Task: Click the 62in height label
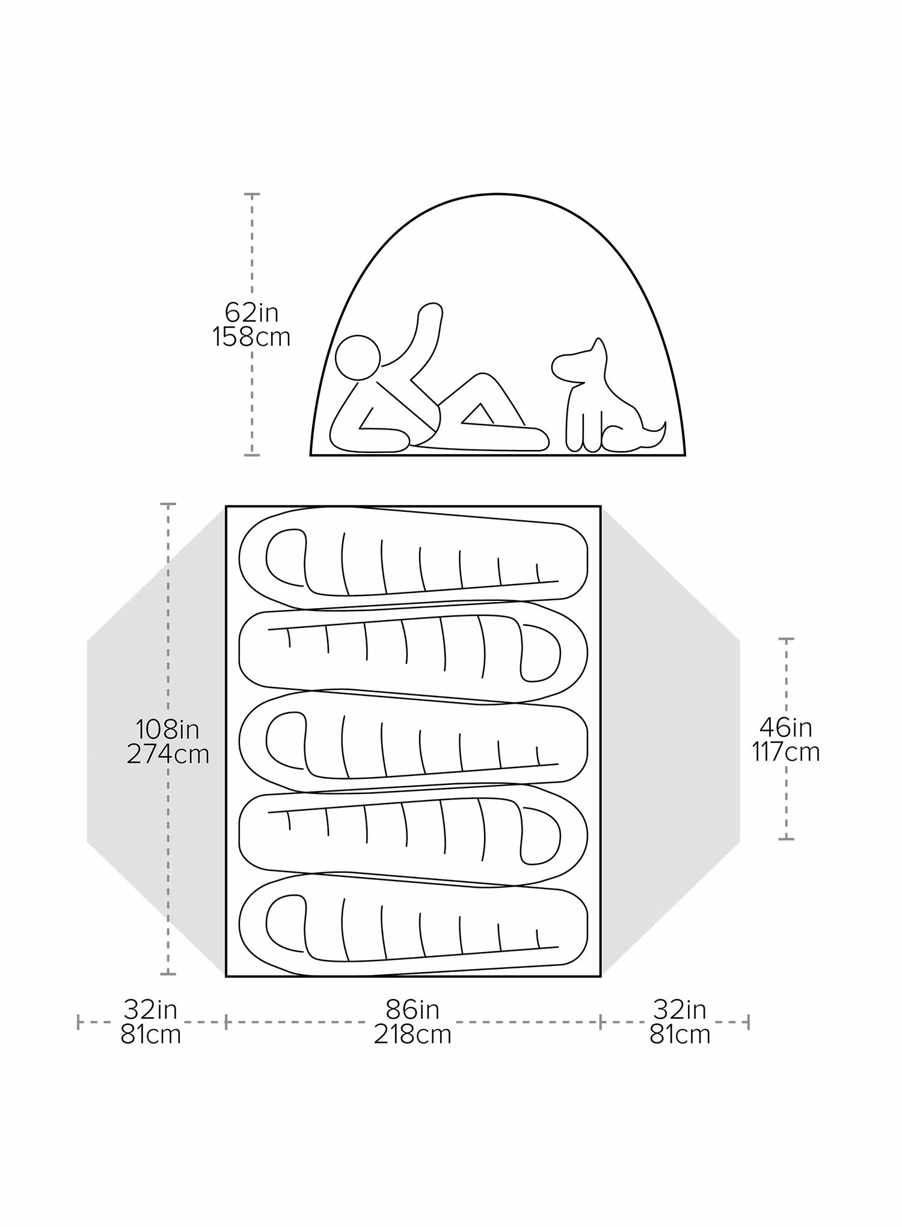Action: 251,312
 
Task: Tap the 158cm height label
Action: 251,337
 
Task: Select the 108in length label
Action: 167,730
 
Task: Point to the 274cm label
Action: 168,754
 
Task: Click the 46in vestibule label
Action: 785,728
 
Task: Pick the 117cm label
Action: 785,752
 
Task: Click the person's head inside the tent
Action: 358,358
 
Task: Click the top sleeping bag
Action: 413,558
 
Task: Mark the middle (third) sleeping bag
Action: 413,740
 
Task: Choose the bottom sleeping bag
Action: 413,923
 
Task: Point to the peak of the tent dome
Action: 498,194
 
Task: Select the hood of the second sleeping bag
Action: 541,653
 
